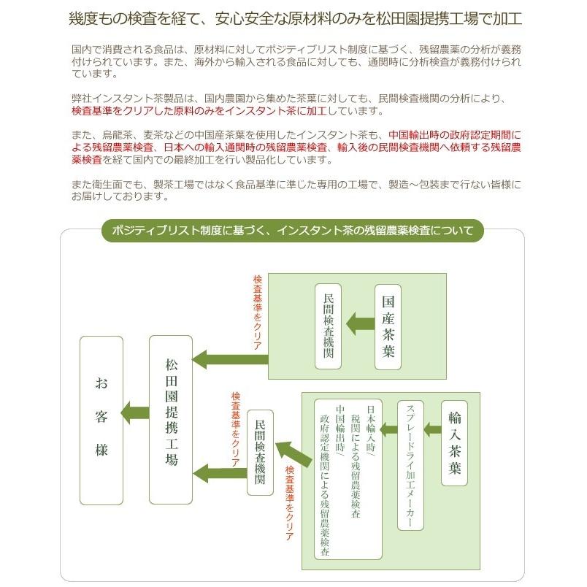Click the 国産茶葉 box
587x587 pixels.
[388, 327]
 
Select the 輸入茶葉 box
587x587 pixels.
[454, 443]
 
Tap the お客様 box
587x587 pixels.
[101, 420]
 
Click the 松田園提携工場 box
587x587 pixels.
[171, 420]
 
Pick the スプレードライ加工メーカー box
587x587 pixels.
[410, 465]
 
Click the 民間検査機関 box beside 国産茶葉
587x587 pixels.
[328, 326]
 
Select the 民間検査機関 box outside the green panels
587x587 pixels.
[260, 453]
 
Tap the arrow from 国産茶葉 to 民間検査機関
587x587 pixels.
[360, 323]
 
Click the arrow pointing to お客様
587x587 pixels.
[135, 413]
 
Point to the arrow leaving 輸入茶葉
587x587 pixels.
[433, 429]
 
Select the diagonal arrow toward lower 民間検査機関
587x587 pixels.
[294, 453]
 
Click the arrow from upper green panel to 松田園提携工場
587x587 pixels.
[230, 360]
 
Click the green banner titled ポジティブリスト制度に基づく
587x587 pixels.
[293, 230]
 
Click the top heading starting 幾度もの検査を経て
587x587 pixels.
[296, 18]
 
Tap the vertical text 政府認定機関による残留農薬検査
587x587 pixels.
[325, 485]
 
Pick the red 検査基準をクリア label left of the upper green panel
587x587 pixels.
[258, 312]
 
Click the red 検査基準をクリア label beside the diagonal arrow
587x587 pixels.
[290, 503]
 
